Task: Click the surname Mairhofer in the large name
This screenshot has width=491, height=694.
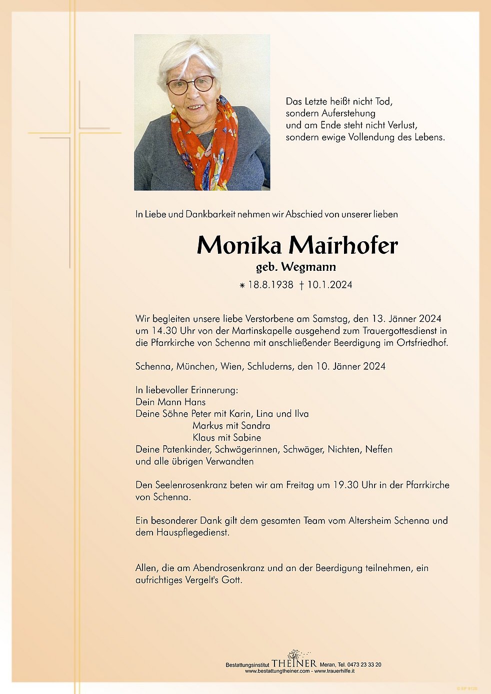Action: pyautogui.click(x=343, y=245)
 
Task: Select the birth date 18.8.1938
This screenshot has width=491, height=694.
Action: pyautogui.click(x=270, y=285)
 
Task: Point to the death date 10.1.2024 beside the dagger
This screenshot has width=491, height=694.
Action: pyautogui.click(x=329, y=285)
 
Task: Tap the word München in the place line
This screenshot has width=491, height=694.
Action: pyautogui.click(x=196, y=366)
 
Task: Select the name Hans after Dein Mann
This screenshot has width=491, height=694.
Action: pyautogui.click(x=195, y=402)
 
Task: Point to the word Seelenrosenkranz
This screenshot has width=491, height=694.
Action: pyautogui.click(x=191, y=485)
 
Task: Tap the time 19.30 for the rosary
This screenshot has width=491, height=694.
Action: pyautogui.click(x=346, y=485)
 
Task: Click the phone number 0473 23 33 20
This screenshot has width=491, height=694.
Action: pyautogui.click(x=359, y=665)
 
